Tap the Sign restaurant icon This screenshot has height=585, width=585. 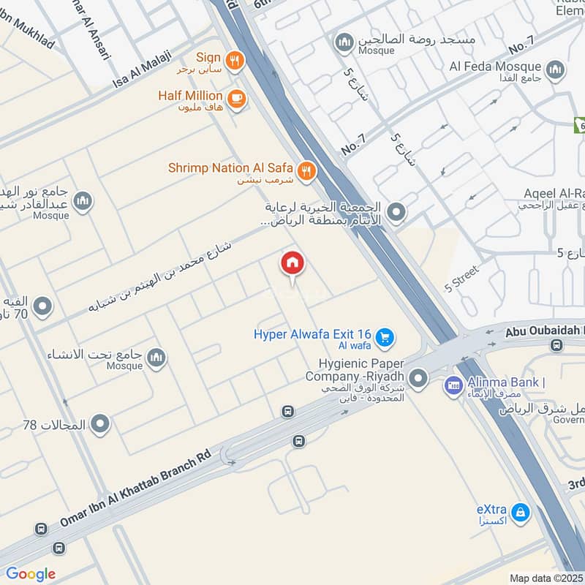tap(234, 61)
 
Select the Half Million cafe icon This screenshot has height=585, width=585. tap(235, 99)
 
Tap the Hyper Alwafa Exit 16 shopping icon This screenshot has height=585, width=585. tap(385, 338)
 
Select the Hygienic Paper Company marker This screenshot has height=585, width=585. tap(418, 378)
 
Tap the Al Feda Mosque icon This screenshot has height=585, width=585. tap(556, 69)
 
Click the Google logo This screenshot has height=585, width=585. tap(31, 574)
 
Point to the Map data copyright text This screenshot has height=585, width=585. tap(546, 578)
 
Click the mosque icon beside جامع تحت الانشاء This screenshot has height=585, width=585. tap(156, 358)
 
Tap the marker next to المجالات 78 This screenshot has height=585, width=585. tap(100, 423)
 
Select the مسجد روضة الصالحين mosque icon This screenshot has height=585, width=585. tap(344, 43)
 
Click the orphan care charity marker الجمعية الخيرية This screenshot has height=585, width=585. tap(396, 214)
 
